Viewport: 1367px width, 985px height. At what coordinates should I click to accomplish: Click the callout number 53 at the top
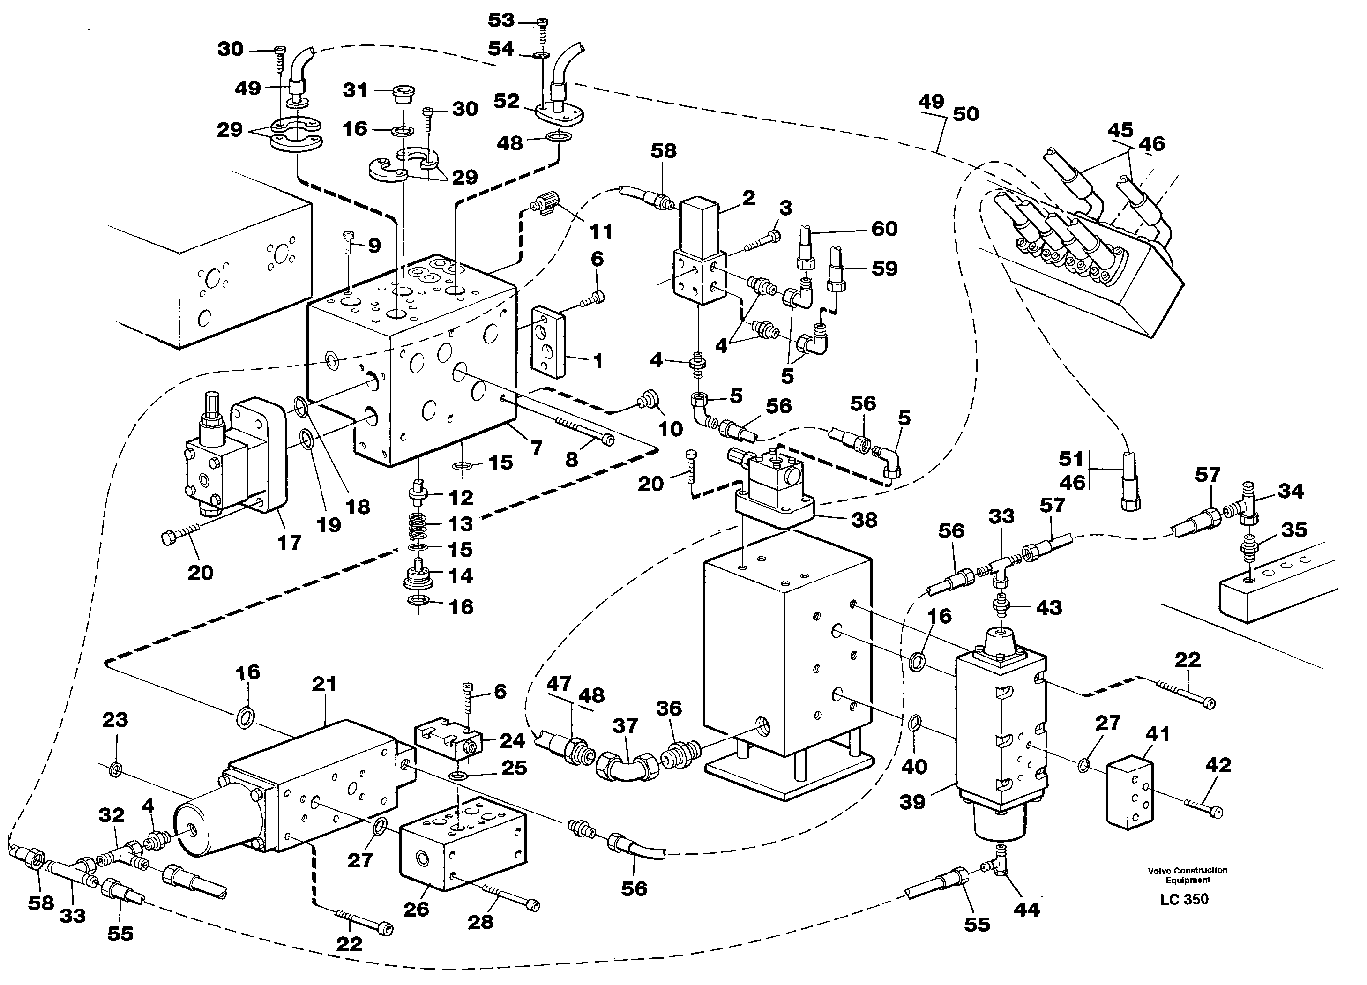(x=501, y=21)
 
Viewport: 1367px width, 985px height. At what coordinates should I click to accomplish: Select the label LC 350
(x=1184, y=899)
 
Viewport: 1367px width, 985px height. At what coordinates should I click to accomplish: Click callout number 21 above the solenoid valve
(x=324, y=684)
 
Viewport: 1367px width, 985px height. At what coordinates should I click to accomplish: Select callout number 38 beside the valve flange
(x=864, y=520)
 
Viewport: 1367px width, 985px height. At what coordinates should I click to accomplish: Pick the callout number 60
(x=884, y=229)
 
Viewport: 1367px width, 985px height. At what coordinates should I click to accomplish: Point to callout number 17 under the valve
(x=289, y=543)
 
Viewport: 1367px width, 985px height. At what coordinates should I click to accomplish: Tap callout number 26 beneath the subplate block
(x=416, y=909)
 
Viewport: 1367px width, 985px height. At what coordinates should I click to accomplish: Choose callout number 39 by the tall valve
(x=912, y=802)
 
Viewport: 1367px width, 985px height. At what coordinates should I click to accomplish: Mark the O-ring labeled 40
(x=914, y=722)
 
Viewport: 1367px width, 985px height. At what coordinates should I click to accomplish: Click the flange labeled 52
(x=560, y=113)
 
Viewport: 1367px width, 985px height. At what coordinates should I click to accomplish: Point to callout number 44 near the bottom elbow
(x=1026, y=909)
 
